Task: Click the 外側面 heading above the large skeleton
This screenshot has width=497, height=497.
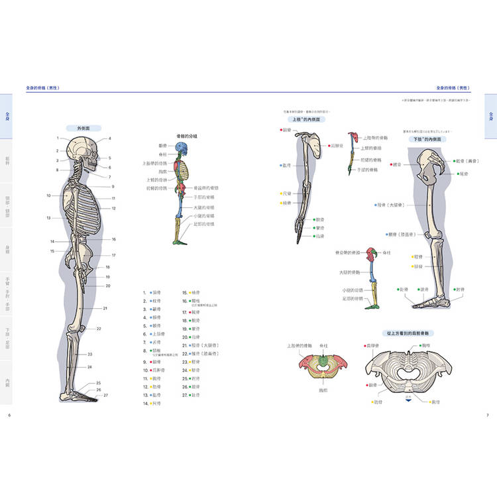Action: click(x=83, y=128)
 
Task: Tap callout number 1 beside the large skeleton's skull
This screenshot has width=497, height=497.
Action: click(x=58, y=138)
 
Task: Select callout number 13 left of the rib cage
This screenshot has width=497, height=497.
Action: click(x=48, y=218)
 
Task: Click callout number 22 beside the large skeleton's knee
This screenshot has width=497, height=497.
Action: click(x=98, y=329)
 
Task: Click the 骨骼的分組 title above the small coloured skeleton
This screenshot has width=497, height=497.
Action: click(x=187, y=135)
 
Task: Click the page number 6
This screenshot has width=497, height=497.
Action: click(x=10, y=415)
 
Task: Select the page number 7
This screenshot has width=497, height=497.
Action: click(x=487, y=415)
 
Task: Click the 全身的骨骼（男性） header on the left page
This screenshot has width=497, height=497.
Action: click(x=43, y=87)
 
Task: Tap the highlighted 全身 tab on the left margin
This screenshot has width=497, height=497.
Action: click(x=7, y=116)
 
